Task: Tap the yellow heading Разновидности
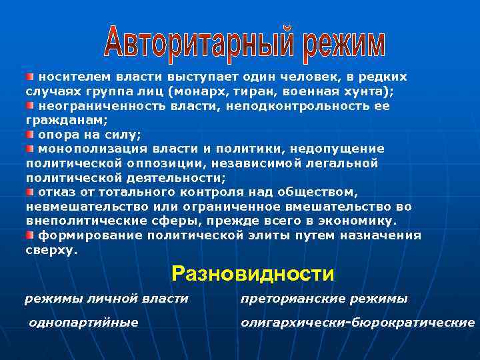click(253, 273)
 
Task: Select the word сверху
click(51, 251)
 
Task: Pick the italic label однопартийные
click(83, 323)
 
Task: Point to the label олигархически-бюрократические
click(357, 323)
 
